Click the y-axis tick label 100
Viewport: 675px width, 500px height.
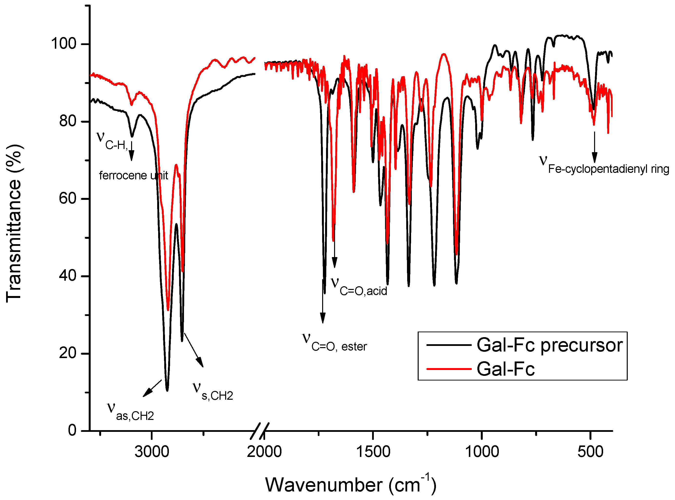click(x=63, y=44)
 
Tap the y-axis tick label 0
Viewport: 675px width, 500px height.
click(x=72, y=430)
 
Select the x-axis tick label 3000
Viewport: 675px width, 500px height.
click(x=152, y=452)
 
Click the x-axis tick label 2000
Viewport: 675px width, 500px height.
click(x=264, y=452)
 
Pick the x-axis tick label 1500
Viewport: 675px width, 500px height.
click(x=373, y=452)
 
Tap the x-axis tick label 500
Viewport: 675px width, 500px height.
click(x=590, y=452)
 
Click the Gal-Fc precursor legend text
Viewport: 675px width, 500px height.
click(x=550, y=345)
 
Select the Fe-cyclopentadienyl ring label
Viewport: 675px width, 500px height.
click(x=604, y=165)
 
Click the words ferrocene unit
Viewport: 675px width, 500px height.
click(x=133, y=176)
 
